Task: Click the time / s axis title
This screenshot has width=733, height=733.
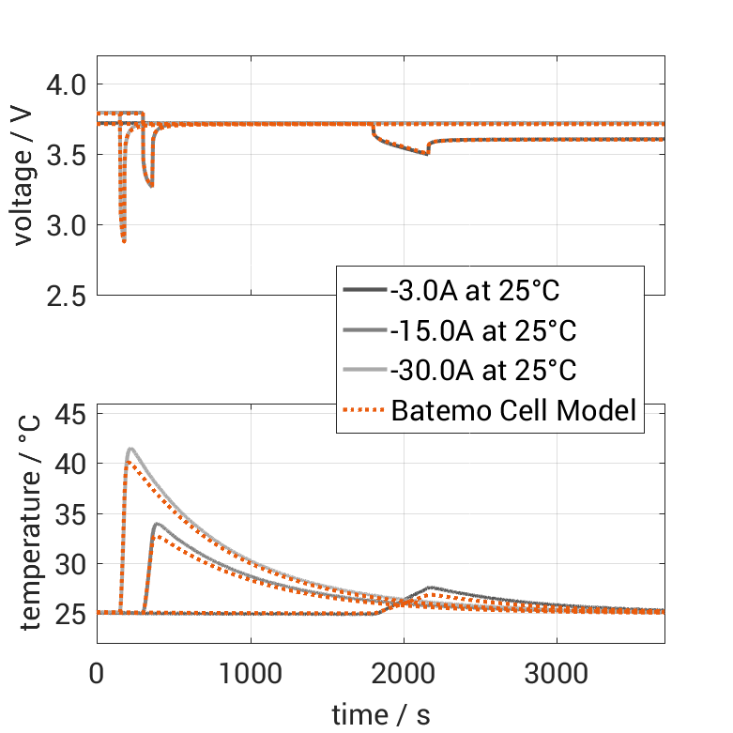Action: tap(381, 714)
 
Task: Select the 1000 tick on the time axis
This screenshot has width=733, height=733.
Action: tap(250, 673)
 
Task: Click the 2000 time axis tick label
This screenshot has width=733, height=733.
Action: tap(404, 673)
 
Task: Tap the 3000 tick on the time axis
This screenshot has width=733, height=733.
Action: tap(557, 673)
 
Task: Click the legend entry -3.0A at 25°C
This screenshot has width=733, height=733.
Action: tap(475, 291)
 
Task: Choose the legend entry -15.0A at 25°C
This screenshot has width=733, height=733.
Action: tap(482, 330)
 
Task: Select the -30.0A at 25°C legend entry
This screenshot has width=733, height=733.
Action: tap(482, 370)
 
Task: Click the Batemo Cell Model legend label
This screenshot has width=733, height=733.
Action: tap(514, 410)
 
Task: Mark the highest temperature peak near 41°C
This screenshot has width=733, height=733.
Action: tap(131, 449)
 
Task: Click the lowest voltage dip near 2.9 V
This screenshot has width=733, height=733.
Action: tap(124, 241)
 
